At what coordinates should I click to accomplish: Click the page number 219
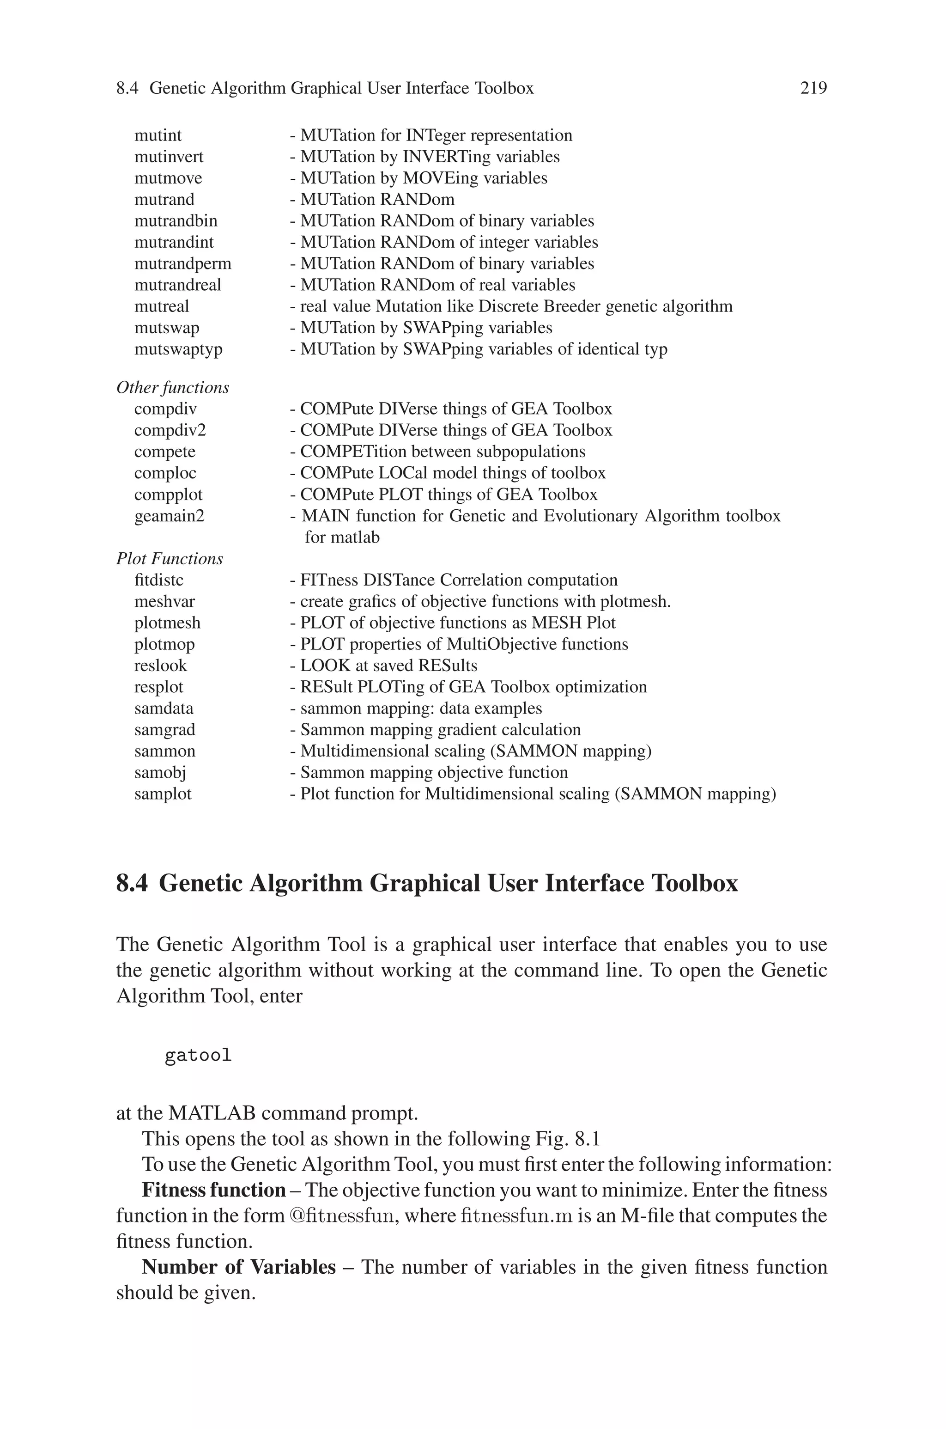[x=813, y=88]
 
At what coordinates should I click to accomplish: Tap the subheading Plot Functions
[x=170, y=559]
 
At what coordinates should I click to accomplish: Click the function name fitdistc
[x=159, y=580]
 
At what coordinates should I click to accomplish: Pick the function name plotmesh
[x=167, y=623]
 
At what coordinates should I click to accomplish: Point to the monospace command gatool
[x=198, y=1056]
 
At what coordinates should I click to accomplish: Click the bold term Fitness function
[x=213, y=1190]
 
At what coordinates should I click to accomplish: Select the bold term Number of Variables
[x=238, y=1267]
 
